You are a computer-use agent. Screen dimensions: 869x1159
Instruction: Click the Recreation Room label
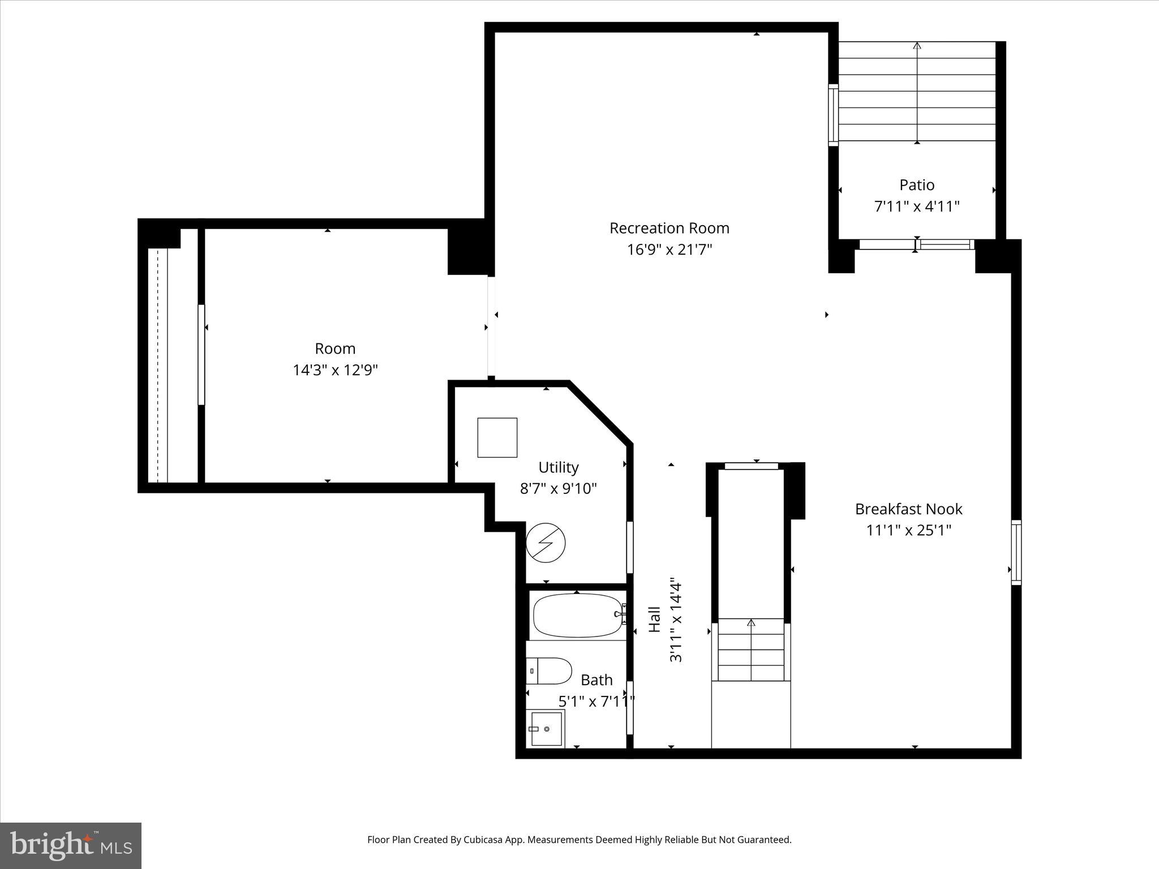(x=669, y=228)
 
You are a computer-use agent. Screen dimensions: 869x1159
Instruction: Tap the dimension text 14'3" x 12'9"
(x=335, y=370)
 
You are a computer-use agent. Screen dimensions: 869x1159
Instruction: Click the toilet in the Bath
(x=549, y=670)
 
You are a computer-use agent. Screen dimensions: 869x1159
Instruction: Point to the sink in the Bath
(x=547, y=729)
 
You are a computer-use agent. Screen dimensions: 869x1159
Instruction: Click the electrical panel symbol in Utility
(x=546, y=543)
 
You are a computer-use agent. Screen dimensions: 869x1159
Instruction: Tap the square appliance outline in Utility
(x=497, y=437)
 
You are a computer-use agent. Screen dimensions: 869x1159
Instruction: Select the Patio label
(x=917, y=185)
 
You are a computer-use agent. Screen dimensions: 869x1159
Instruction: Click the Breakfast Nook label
(x=908, y=509)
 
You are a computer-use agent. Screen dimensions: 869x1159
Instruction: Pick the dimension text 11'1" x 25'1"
(x=908, y=531)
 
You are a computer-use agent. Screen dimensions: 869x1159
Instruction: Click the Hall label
(x=654, y=620)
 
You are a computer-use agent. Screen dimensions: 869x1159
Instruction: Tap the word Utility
(x=558, y=467)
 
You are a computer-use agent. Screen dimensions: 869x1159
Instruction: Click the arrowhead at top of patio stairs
(x=917, y=45)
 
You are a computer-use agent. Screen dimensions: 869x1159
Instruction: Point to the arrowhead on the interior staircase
(x=751, y=622)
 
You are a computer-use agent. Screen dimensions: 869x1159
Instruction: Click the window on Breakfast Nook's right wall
(x=1016, y=552)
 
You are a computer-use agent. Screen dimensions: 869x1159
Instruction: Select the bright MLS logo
(x=71, y=845)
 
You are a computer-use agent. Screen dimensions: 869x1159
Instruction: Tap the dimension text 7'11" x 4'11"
(x=917, y=207)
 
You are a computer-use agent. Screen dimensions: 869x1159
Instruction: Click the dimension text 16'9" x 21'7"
(x=669, y=249)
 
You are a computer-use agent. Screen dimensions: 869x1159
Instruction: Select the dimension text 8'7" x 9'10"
(x=558, y=488)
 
